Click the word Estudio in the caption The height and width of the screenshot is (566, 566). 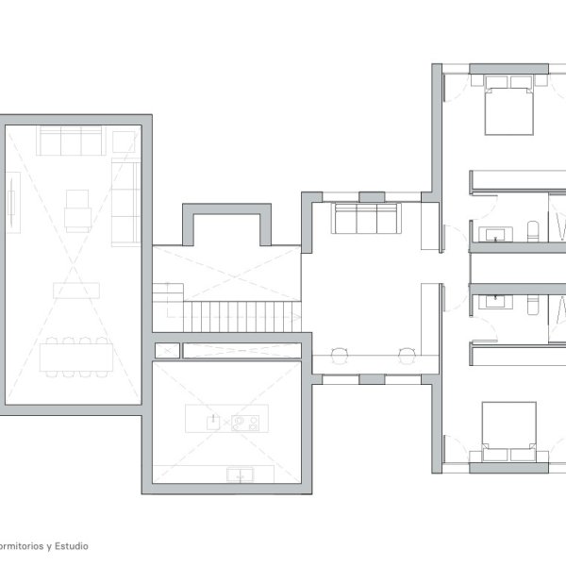click(x=72, y=546)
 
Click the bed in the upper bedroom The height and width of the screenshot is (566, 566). click(x=509, y=105)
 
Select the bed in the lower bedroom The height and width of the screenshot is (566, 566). click(x=509, y=432)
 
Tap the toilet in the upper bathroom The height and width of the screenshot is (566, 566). click(x=533, y=231)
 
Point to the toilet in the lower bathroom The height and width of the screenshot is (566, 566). click(x=533, y=305)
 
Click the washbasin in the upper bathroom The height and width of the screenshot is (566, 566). click(x=495, y=235)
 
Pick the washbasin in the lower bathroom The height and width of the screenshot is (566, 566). click(x=495, y=301)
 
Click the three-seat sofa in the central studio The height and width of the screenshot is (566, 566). click(x=366, y=219)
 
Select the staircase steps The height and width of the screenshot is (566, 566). click(x=241, y=317)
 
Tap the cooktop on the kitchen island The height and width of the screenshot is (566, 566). click(x=245, y=423)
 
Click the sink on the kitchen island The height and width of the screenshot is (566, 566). click(x=213, y=423)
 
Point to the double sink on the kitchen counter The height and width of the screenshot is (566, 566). click(x=240, y=474)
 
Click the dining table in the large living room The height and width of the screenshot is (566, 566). click(x=76, y=358)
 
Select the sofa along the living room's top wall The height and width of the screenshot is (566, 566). click(x=71, y=141)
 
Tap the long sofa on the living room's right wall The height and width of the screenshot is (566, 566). click(x=125, y=203)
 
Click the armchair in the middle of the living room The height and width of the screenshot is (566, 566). click(x=77, y=211)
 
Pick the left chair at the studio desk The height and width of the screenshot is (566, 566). click(x=340, y=356)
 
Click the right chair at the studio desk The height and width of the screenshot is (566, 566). click(x=407, y=356)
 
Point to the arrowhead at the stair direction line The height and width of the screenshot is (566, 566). click(x=297, y=317)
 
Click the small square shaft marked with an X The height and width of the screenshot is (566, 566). click(x=167, y=351)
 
